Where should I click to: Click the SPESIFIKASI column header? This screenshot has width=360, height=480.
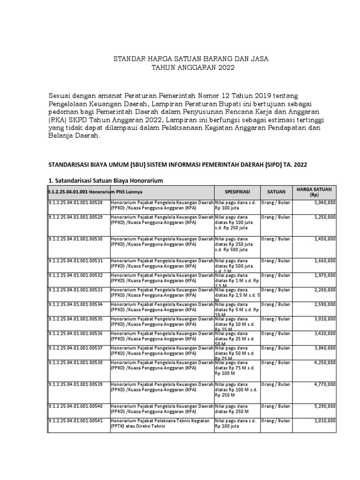237,192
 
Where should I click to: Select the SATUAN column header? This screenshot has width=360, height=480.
276,192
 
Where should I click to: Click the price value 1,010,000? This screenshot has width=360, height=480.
323,421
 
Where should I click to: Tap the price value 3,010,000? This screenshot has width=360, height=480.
323,319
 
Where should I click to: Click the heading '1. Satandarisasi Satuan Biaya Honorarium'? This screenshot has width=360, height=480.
106,180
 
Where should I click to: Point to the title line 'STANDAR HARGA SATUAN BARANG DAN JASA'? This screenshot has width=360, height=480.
192,59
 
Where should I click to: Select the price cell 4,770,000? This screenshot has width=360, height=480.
323,384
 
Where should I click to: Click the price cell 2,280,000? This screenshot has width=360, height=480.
323,290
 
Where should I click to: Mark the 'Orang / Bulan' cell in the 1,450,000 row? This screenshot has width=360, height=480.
276,239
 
